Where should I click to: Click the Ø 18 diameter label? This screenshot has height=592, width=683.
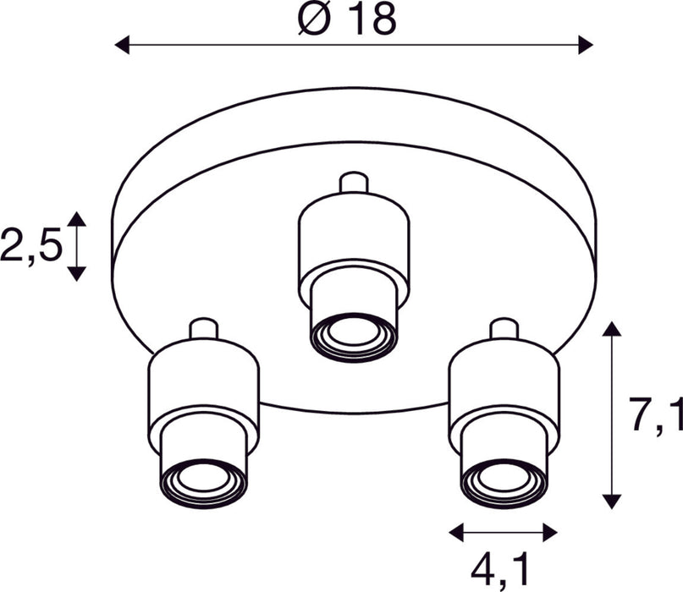pos(347,18)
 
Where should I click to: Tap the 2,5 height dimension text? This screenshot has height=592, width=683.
pos(31,246)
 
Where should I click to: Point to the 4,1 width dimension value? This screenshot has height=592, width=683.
pos(503,569)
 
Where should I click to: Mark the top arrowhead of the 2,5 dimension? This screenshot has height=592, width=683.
pos(77,219)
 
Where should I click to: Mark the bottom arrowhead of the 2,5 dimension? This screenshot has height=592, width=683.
pos(77,273)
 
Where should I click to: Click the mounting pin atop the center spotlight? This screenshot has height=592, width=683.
pos(353,184)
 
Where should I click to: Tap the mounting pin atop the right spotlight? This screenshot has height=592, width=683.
pos(504,328)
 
